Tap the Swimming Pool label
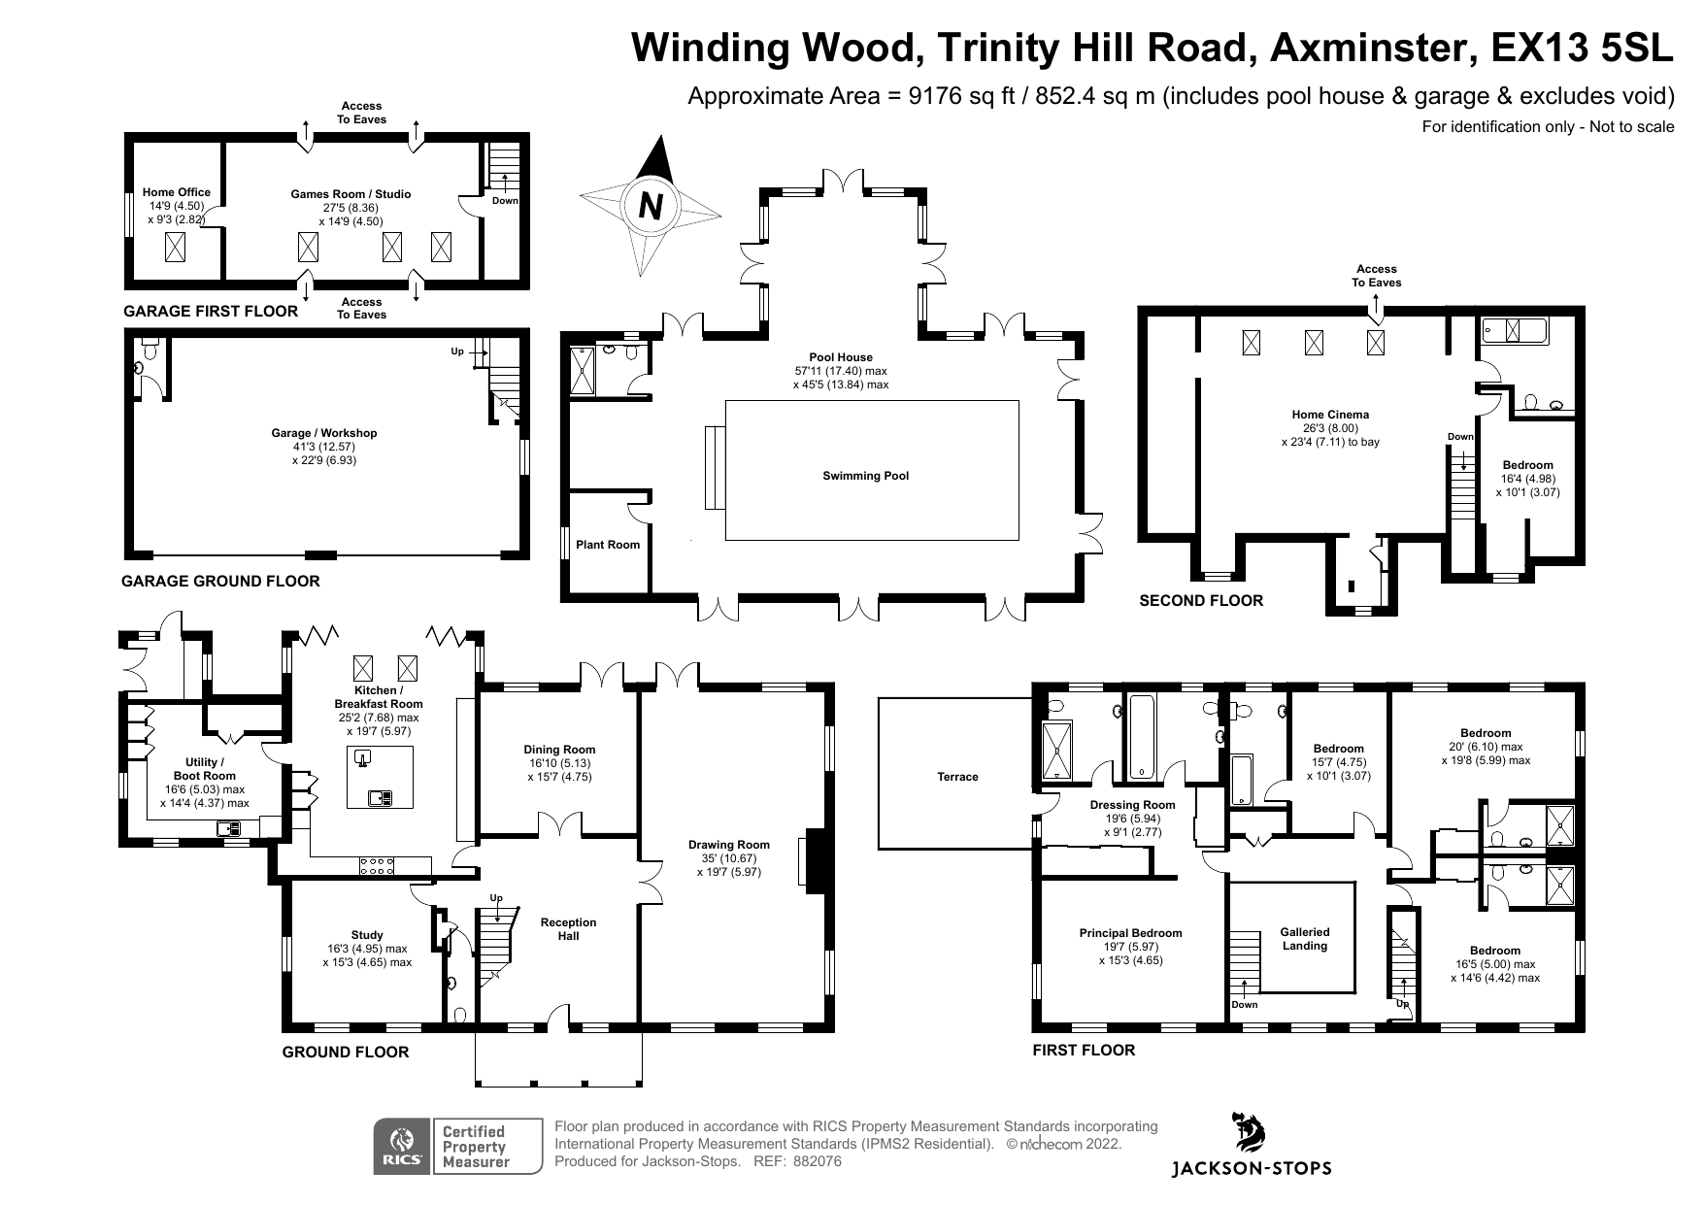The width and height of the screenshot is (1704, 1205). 865,476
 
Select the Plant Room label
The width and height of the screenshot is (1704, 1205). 608,545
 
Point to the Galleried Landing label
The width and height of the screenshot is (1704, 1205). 1304,939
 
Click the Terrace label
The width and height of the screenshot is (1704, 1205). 957,777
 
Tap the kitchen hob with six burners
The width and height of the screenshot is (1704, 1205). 376,865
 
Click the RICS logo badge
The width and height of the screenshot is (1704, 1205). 403,1147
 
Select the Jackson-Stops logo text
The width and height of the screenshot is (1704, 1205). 1253,1168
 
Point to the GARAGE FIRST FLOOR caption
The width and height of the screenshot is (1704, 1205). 211,312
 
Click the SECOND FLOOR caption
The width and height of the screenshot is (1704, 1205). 1201,601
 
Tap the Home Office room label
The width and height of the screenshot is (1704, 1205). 176,192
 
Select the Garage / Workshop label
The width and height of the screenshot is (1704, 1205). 324,433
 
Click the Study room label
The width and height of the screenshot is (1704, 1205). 367,935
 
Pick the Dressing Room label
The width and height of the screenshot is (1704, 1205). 1132,805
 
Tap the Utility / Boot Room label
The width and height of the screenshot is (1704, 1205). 205,769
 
